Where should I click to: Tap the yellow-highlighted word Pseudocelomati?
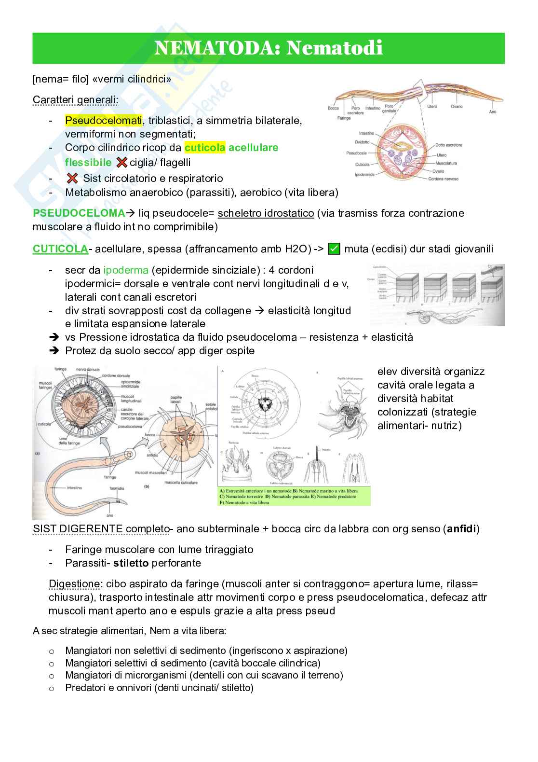(x=103, y=120)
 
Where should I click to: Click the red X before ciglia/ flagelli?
(x=122, y=163)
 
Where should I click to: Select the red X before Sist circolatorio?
(x=72, y=179)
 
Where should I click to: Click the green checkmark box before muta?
(x=334, y=249)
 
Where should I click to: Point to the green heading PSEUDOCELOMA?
(x=79, y=213)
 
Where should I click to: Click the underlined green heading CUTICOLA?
(x=60, y=249)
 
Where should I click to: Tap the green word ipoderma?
(x=125, y=270)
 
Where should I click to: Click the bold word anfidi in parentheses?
(x=461, y=529)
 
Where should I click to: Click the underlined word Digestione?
(x=74, y=584)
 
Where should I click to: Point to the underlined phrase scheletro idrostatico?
(x=266, y=213)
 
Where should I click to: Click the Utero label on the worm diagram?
(x=431, y=106)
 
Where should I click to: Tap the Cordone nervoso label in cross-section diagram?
(x=443, y=179)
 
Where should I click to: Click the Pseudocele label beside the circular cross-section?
(x=356, y=153)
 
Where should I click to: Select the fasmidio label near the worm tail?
(x=117, y=488)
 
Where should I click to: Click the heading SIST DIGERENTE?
(x=78, y=529)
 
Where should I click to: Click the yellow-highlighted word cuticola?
(x=204, y=148)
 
